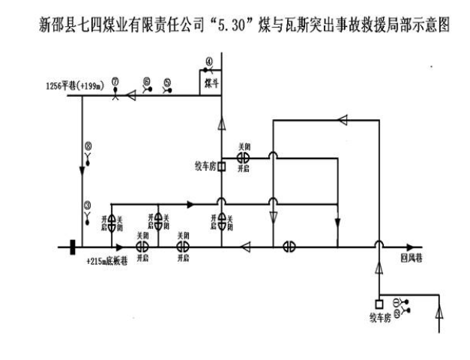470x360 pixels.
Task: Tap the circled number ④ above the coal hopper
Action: [x=210, y=61]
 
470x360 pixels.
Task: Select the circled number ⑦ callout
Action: [x=115, y=81]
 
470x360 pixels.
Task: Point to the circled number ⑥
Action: [x=147, y=80]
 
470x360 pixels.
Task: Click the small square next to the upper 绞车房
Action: [x=221, y=167]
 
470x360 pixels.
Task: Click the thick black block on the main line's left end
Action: [x=71, y=246]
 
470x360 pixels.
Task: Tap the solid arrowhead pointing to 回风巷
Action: [x=409, y=246]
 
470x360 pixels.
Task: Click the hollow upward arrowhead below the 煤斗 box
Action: [x=221, y=120]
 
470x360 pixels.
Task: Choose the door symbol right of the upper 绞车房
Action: [x=243, y=157]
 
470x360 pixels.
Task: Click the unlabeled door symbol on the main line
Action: [x=289, y=246]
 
